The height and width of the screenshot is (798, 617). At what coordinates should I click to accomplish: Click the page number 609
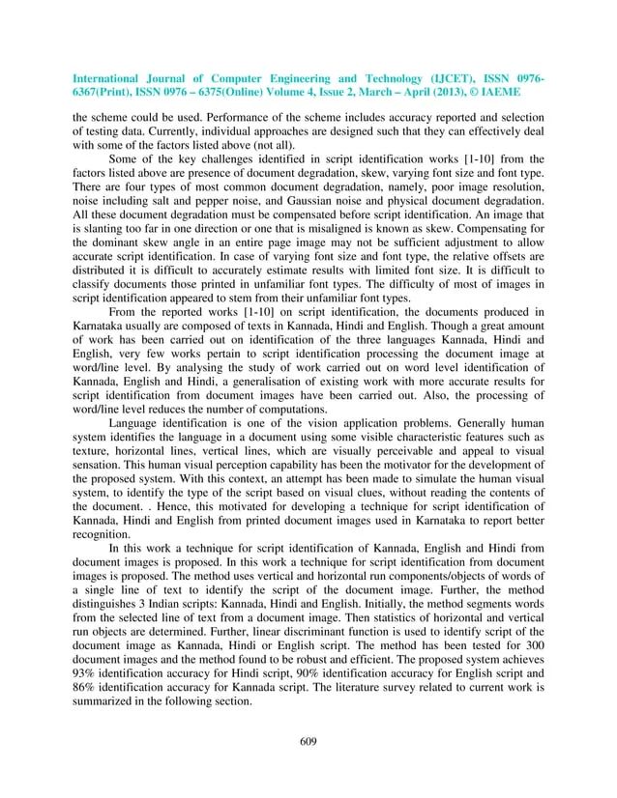click(308, 741)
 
